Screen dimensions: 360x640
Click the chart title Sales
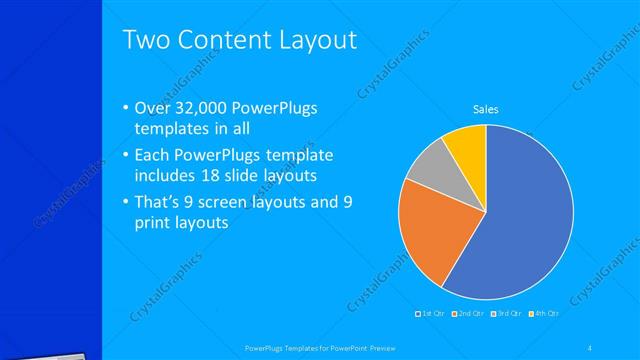tap(485, 110)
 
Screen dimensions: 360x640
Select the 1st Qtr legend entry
tap(432, 314)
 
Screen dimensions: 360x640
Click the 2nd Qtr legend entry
tap(469, 314)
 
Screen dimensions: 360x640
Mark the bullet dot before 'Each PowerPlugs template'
tap(125, 156)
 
